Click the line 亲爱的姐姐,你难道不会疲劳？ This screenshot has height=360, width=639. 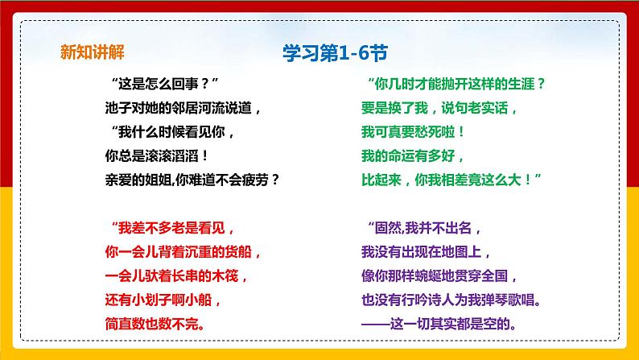pos(192,179)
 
